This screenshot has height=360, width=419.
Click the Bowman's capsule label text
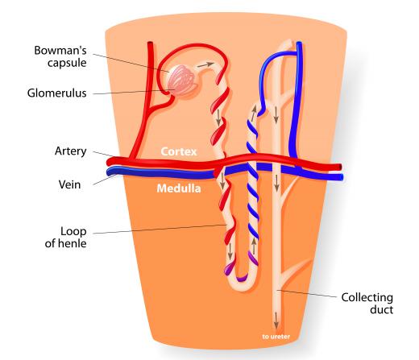click(60, 56)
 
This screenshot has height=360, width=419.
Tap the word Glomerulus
click(56, 93)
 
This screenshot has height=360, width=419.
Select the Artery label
click(71, 151)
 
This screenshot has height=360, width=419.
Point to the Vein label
click(69, 184)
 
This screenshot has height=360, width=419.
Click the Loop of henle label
click(65, 238)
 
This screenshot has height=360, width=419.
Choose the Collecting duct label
click(367, 304)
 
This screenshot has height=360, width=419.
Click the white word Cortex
click(179, 151)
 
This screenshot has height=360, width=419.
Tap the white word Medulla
click(179, 188)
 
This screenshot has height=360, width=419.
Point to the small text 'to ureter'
click(276, 337)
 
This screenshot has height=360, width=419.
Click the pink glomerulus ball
click(182, 81)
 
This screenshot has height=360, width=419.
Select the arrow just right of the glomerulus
click(207, 64)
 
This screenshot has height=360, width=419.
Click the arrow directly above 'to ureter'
click(276, 320)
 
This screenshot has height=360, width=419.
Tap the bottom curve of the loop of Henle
click(241, 287)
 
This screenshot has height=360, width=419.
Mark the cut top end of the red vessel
click(150, 43)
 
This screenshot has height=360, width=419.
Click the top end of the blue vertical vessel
click(299, 43)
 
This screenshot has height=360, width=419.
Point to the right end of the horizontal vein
click(341, 177)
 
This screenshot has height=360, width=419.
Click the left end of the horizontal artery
click(109, 162)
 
